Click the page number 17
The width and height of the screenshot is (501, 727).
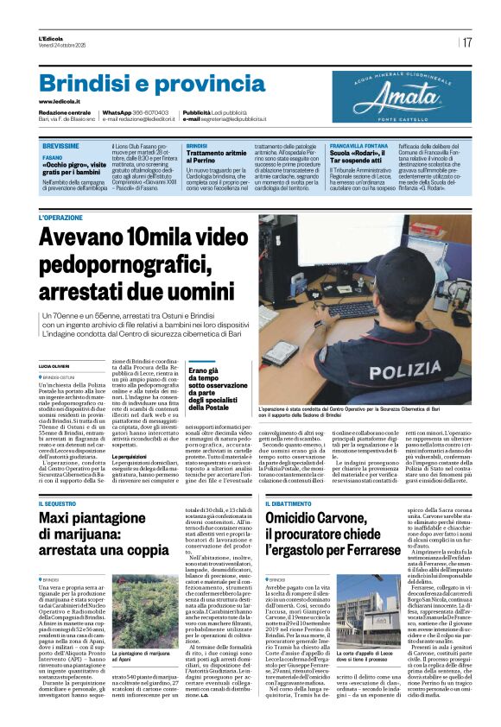466,42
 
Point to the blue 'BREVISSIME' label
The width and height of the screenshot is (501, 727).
61,146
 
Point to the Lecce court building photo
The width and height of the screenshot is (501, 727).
367,611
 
